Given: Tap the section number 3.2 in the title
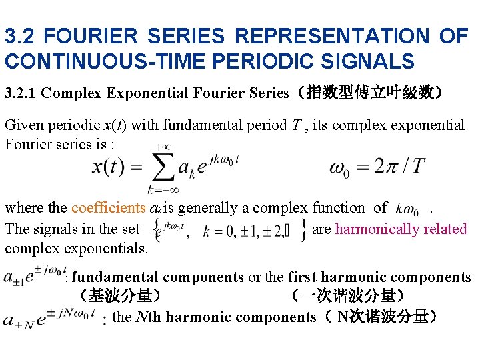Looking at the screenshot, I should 21,36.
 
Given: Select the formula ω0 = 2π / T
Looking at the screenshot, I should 377,167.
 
